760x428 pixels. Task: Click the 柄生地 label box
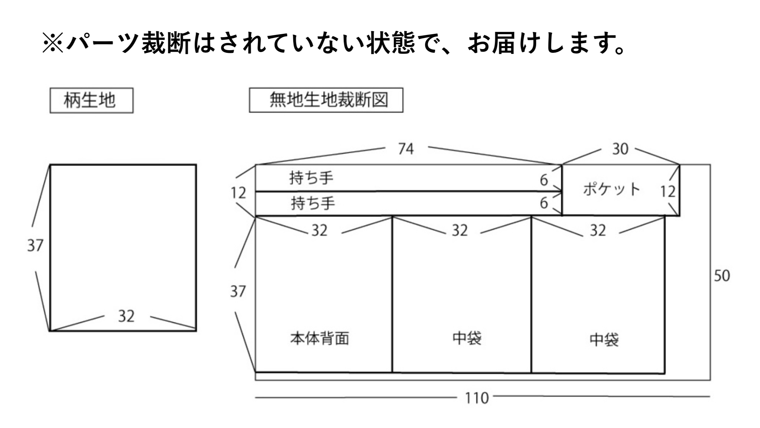point(91,100)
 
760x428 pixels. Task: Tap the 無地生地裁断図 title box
point(326,100)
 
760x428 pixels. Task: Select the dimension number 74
point(406,149)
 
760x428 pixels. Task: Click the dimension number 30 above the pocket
point(620,149)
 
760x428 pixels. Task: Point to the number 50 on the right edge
point(722,276)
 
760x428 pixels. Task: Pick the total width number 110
point(477,398)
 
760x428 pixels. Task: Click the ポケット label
point(611,189)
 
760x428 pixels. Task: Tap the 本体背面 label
point(319,338)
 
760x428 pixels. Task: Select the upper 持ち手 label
point(311,178)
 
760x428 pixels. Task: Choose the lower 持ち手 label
point(313,203)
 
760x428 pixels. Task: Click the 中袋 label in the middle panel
point(467,338)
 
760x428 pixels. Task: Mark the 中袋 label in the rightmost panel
point(604,339)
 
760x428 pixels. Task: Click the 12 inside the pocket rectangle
point(668,192)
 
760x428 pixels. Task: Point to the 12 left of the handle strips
point(238,193)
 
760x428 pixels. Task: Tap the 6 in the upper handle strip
point(544,180)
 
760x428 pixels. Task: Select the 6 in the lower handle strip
point(544,203)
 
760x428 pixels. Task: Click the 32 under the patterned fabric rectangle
point(126,316)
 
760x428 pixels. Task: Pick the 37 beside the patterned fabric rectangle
point(35,245)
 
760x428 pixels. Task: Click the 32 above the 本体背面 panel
point(319,231)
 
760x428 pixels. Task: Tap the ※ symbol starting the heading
point(53,44)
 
